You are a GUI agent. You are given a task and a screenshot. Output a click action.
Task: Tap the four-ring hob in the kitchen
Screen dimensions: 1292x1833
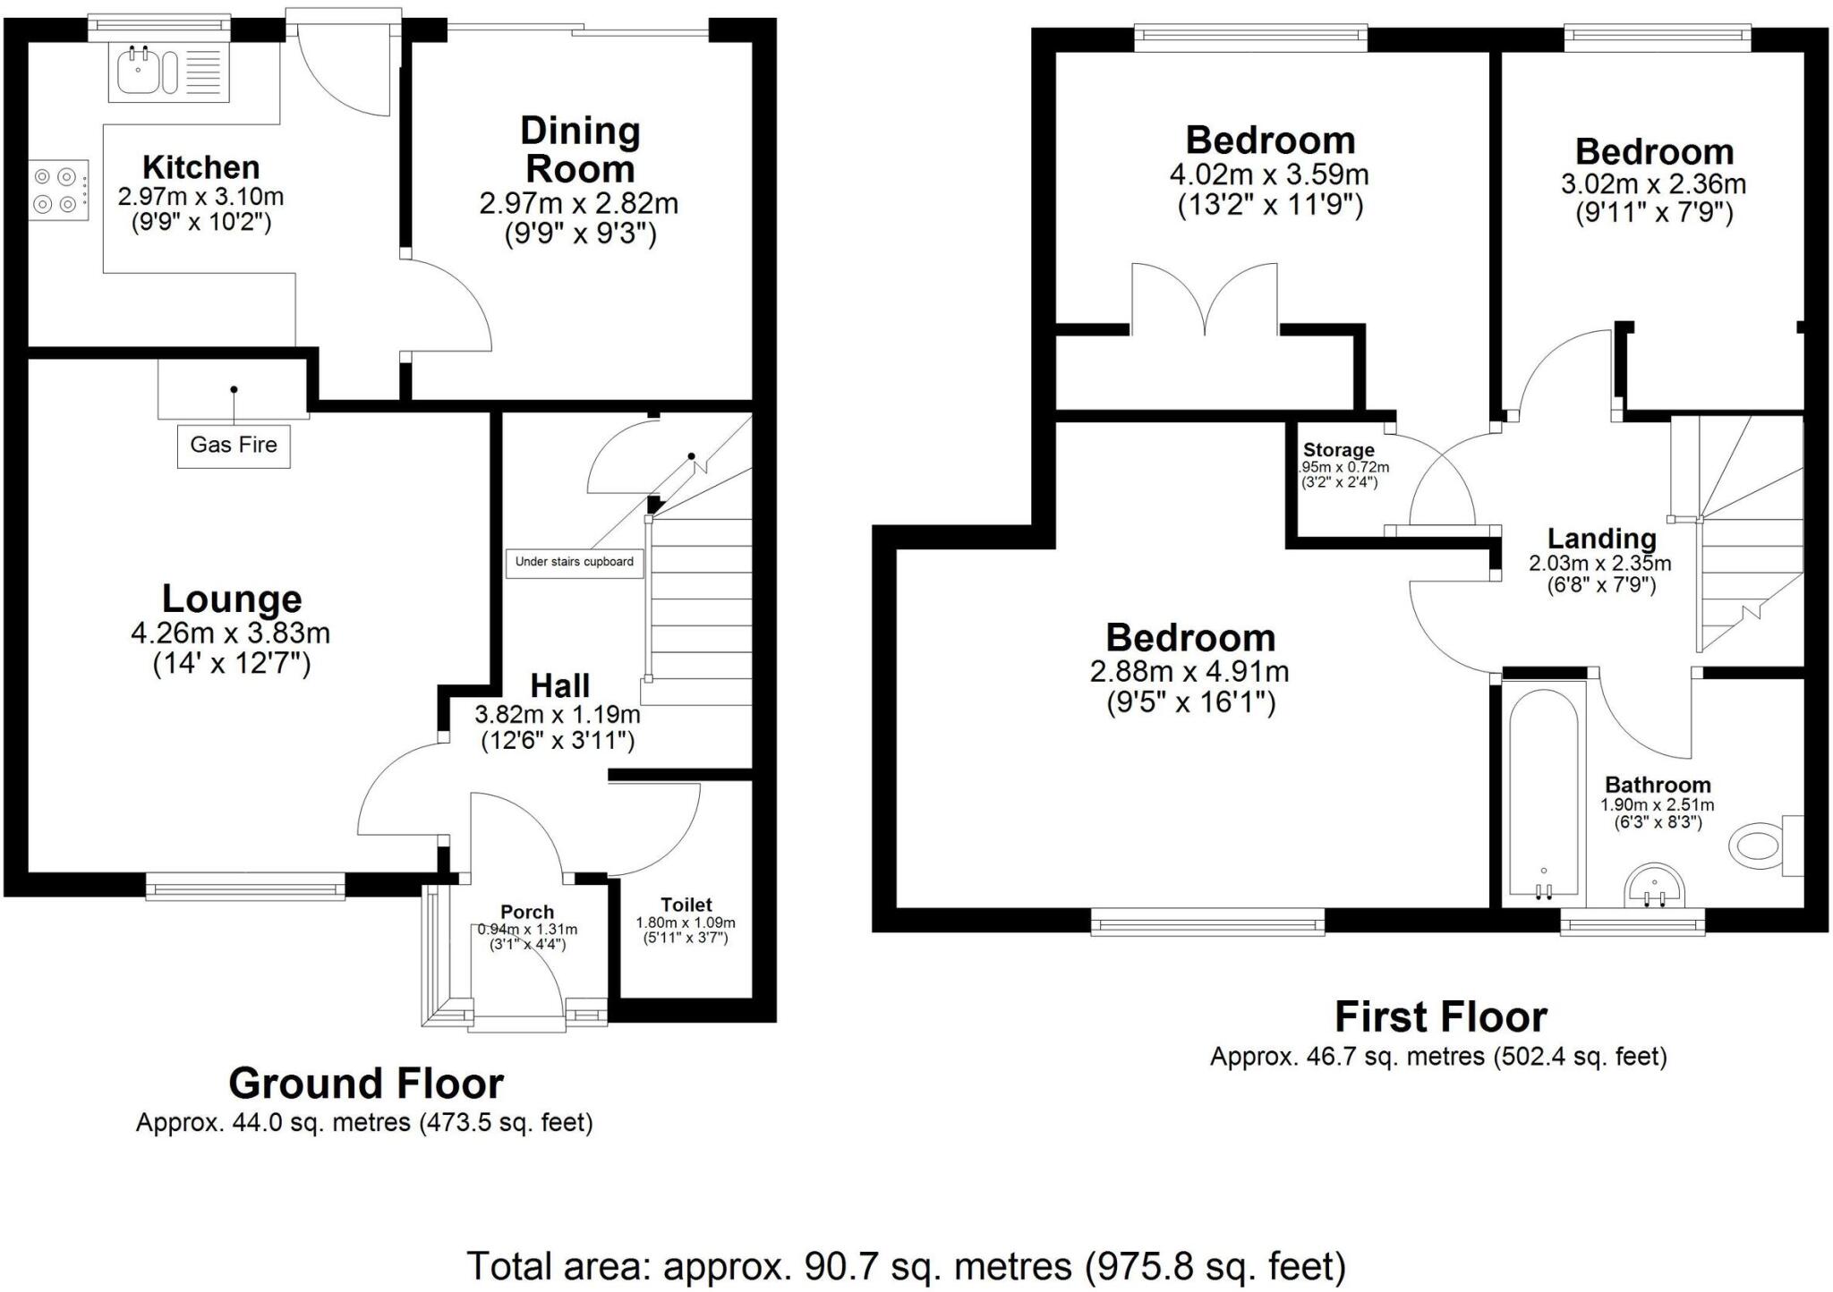pos(58,191)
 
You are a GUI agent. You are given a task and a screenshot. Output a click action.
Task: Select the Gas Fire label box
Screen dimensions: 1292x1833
pos(234,445)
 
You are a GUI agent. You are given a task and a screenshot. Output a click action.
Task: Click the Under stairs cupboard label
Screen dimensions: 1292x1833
pos(574,562)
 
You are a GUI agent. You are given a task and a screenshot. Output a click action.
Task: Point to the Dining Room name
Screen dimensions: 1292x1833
pos(580,150)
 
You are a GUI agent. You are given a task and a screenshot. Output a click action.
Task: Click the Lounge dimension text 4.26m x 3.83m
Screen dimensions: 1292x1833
pos(231,633)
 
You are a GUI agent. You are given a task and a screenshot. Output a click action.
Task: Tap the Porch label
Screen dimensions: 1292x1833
pos(526,912)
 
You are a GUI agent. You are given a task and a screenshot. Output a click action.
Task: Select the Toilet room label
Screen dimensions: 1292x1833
pos(686,905)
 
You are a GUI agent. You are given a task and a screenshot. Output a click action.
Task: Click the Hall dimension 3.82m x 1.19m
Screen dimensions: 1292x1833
pos(558,715)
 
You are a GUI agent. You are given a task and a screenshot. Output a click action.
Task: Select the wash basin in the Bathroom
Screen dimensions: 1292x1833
pos(1654,886)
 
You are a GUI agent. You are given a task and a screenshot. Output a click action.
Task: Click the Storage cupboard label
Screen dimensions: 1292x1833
pos(1338,450)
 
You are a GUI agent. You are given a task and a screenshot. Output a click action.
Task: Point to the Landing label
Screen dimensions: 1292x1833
pos(1601,539)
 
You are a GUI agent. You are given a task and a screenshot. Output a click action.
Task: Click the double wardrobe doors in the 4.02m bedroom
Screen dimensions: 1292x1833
pos(1205,300)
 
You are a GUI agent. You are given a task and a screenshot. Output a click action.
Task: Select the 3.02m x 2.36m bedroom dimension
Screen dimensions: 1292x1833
pos(1653,184)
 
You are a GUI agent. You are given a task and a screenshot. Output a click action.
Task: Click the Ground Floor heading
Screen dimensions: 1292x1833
pos(365,1084)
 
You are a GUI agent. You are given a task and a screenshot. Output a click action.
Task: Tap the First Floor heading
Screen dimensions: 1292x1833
pos(1440,1017)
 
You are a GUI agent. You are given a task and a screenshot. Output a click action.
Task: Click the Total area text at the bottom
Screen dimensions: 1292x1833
pos(906,1266)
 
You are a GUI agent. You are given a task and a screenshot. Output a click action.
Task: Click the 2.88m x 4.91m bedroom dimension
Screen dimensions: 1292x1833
pos(1189,671)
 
